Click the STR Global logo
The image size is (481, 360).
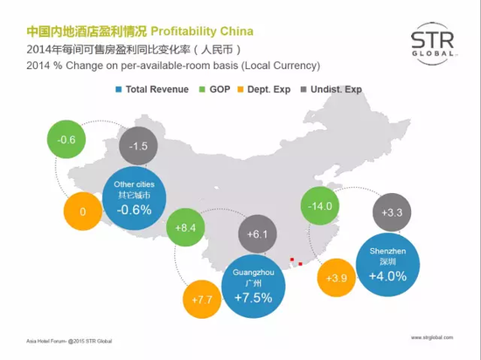point(433,44)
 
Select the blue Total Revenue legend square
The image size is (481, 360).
point(118,89)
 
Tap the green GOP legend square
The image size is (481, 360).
point(202,89)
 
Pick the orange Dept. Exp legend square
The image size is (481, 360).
point(240,89)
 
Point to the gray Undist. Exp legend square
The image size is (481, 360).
point(303,89)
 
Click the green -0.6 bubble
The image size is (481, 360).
point(66,140)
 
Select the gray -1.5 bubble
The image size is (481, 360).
point(138,146)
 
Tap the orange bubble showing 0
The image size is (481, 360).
point(83,211)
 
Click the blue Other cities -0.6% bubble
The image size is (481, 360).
point(135,198)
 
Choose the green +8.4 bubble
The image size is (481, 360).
point(185,227)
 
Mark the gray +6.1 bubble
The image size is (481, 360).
point(257,234)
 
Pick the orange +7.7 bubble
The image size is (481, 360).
point(202,300)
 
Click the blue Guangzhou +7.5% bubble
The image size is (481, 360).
point(254,286)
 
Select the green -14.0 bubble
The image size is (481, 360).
point(320,206)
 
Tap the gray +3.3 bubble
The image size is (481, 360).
point(392,212)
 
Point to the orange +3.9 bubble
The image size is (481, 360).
point(337,278)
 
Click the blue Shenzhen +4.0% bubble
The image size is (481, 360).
point(387,265)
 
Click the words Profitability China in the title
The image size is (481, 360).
point(202,31)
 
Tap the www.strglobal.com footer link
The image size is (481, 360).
point(432,337)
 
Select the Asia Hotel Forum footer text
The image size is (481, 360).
point(69,341)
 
